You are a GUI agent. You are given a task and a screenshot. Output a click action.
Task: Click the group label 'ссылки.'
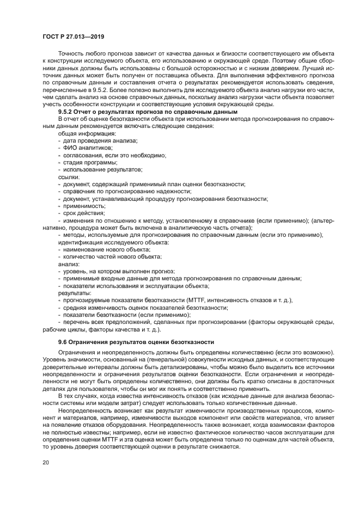tap(69, 177)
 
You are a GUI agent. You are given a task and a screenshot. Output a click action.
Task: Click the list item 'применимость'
tap(84, 206)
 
